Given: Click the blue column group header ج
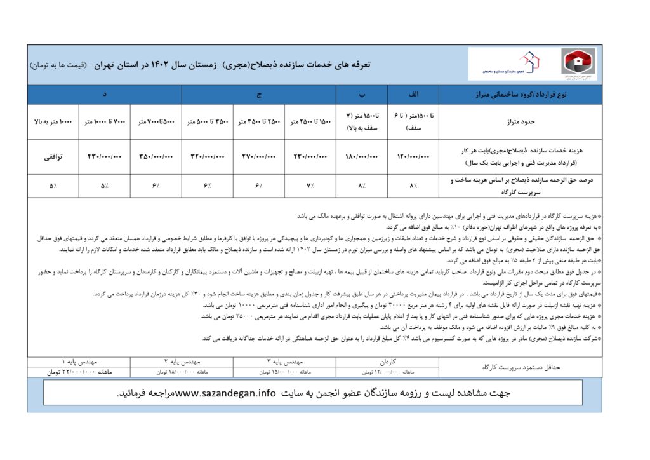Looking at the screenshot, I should click(x=258, y=95).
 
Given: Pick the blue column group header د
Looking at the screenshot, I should click(x=104, y=95).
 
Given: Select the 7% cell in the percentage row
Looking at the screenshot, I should click(x=310, y=186).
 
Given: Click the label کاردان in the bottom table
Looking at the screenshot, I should click(x=389, y=360).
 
